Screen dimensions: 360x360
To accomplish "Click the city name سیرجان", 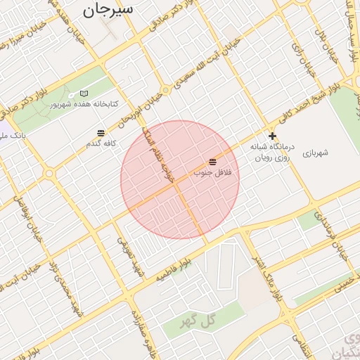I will coord(107,10).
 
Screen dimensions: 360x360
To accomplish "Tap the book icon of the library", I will coord(84,94).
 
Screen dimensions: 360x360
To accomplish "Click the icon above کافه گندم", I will coord(101,133).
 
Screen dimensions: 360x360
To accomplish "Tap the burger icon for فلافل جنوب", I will coord(212,162).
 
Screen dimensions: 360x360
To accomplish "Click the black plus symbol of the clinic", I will coord(272,136).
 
